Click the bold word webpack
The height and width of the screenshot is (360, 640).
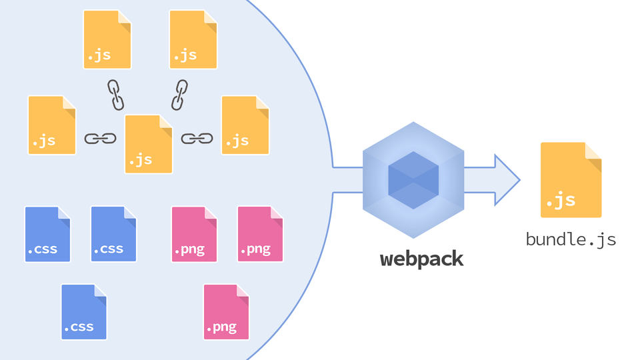pos(421,259)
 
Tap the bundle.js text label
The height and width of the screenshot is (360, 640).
pos(571,239)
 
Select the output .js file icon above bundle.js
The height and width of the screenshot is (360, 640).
pos(571,179)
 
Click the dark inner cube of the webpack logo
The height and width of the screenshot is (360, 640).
pos(413,180)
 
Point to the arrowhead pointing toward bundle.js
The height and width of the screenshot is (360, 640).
pos(507,180)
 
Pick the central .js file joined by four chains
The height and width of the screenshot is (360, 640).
pos(149,144)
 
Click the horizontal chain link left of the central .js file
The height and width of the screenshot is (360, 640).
pos(100,139)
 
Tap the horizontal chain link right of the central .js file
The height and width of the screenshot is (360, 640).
pos(197,139)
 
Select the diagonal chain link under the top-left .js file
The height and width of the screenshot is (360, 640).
pos(116,95)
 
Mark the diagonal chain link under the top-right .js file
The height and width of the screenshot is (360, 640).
pos(179,95)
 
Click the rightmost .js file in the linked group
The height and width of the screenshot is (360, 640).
pos(245,125)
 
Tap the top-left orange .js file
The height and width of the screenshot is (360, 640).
pos(107,39)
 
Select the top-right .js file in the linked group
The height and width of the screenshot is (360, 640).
pos(193,39)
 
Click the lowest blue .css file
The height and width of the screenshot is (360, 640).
pos(84,312)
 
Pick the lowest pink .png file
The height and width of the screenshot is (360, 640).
pos(226,312)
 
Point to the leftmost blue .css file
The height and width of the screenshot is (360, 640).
pos(47,234)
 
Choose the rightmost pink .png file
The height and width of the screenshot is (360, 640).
pos(260,234)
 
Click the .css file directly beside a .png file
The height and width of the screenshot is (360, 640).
pos(113,234)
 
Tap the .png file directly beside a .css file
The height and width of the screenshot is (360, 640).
pos(194,234)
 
